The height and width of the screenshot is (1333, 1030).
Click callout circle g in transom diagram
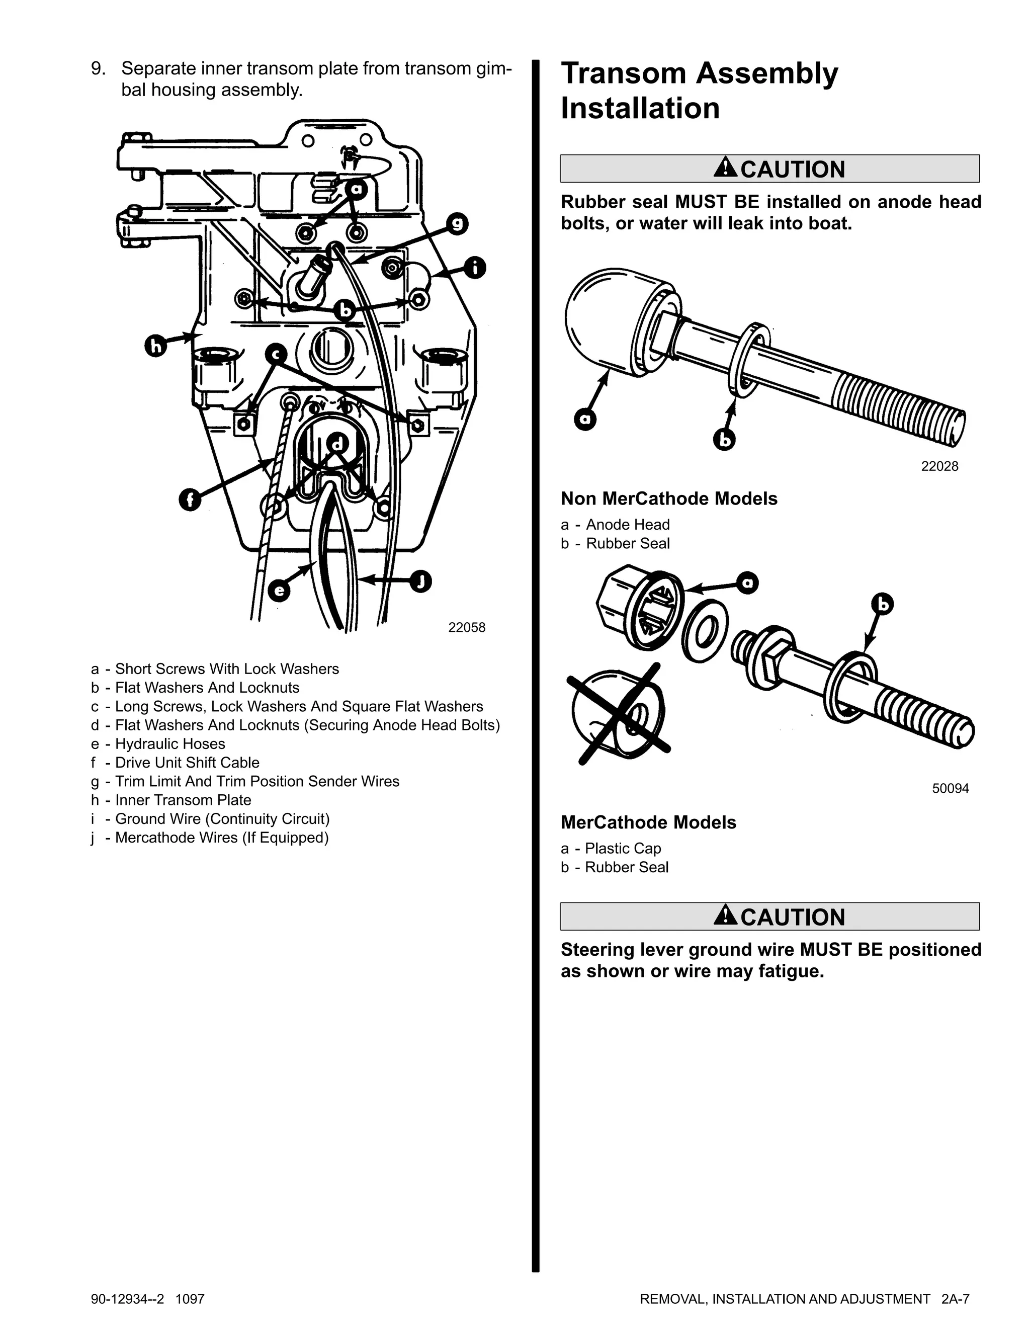[457, 224]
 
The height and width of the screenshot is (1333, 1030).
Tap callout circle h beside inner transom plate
[155, 346]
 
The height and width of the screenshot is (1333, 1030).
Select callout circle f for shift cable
[191, 500]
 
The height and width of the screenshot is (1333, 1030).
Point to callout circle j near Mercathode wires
[420, 580]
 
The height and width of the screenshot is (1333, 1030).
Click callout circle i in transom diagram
[475, 267]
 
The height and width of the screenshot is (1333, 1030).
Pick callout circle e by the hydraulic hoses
[279, 590]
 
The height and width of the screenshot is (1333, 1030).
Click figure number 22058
[467, 627]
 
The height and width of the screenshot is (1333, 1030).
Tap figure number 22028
[939, 466]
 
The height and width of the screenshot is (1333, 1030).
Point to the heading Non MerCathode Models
[669, 498]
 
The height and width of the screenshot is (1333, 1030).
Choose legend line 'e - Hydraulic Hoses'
[158, 744]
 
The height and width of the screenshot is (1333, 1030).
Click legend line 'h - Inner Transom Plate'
[171, 800]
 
